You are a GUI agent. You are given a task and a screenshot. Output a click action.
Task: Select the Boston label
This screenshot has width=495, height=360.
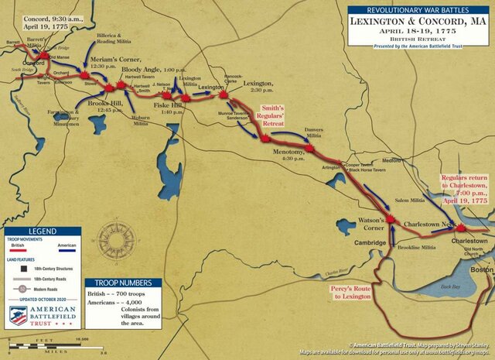[x=482, y=269]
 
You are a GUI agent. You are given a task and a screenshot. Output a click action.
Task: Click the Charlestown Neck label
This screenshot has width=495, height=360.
[x=422, y=223]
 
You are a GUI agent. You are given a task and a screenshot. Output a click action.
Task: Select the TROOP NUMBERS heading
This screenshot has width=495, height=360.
[x=123, y=283]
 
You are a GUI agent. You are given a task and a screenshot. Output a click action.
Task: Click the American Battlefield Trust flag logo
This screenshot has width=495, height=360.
[x=17, y=315]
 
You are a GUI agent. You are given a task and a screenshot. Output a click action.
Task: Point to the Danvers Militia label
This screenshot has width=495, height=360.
[x=311, y=133]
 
